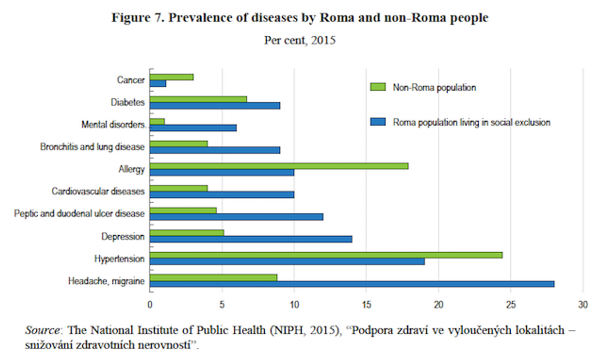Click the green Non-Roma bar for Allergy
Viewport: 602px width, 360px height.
[x=279, y=166]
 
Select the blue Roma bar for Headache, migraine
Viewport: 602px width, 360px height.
[x=352, y=284]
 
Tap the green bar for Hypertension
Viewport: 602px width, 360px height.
[x=326, y=255]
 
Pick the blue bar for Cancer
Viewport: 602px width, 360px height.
[x=158, y=83]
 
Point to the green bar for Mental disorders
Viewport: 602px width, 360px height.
[x=157, y=121]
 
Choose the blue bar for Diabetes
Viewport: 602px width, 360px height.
[x=215, y=105]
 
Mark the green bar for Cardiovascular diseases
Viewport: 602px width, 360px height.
[x=179, y=188]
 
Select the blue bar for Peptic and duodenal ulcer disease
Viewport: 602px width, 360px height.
[x=237, y=217]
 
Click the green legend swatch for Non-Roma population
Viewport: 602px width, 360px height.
[x=378, y=87]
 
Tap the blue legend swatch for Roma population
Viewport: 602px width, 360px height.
[x=378, y=122]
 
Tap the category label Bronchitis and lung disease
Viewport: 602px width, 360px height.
[x=93, y=147]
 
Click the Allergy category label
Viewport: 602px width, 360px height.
[x=132, y=169]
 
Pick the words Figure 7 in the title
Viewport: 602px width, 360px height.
[x=135, y=18]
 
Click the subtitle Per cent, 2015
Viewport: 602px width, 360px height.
[x=300, y=40]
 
